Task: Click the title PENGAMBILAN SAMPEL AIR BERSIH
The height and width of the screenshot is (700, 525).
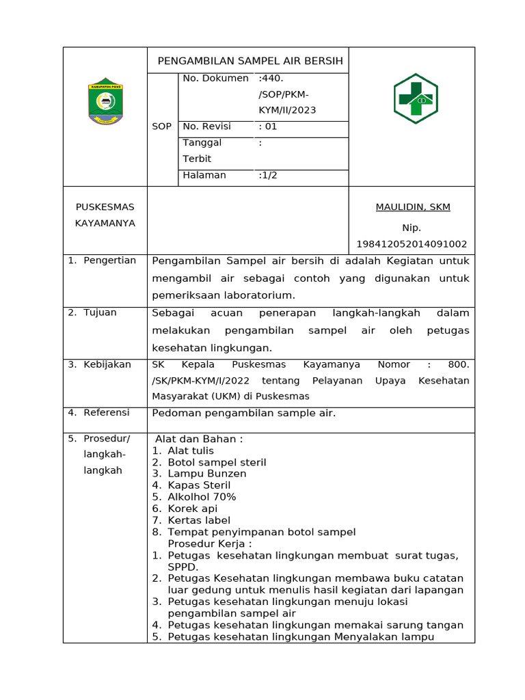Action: (x=250, y=61)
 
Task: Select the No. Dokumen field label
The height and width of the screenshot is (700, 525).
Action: (x=215, y=79)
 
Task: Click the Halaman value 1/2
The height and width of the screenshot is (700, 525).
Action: (x=268, y=175)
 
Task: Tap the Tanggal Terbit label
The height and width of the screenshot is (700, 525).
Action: (x=202, y=150)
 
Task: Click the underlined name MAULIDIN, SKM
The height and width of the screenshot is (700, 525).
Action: (x=413, y=207)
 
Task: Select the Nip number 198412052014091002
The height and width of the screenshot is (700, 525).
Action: (x=412, y=244)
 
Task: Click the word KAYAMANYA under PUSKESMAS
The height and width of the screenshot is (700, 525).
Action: (x=105, y=223)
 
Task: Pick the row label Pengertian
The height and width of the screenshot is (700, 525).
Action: (x=109, y=260)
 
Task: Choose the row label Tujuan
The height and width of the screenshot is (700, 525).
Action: (x=100, y=312)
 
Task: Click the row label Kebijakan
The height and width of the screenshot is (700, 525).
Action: (x=107, y=364)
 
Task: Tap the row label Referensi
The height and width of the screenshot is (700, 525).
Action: (x=106, y=412)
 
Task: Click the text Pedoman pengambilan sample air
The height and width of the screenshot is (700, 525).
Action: (x=243, y=413)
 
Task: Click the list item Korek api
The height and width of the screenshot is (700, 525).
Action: (x=193, y=509)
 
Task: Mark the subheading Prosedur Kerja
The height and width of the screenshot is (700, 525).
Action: (x=210, y=543)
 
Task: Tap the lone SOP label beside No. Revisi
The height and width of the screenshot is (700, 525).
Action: (x=162, y=126)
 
